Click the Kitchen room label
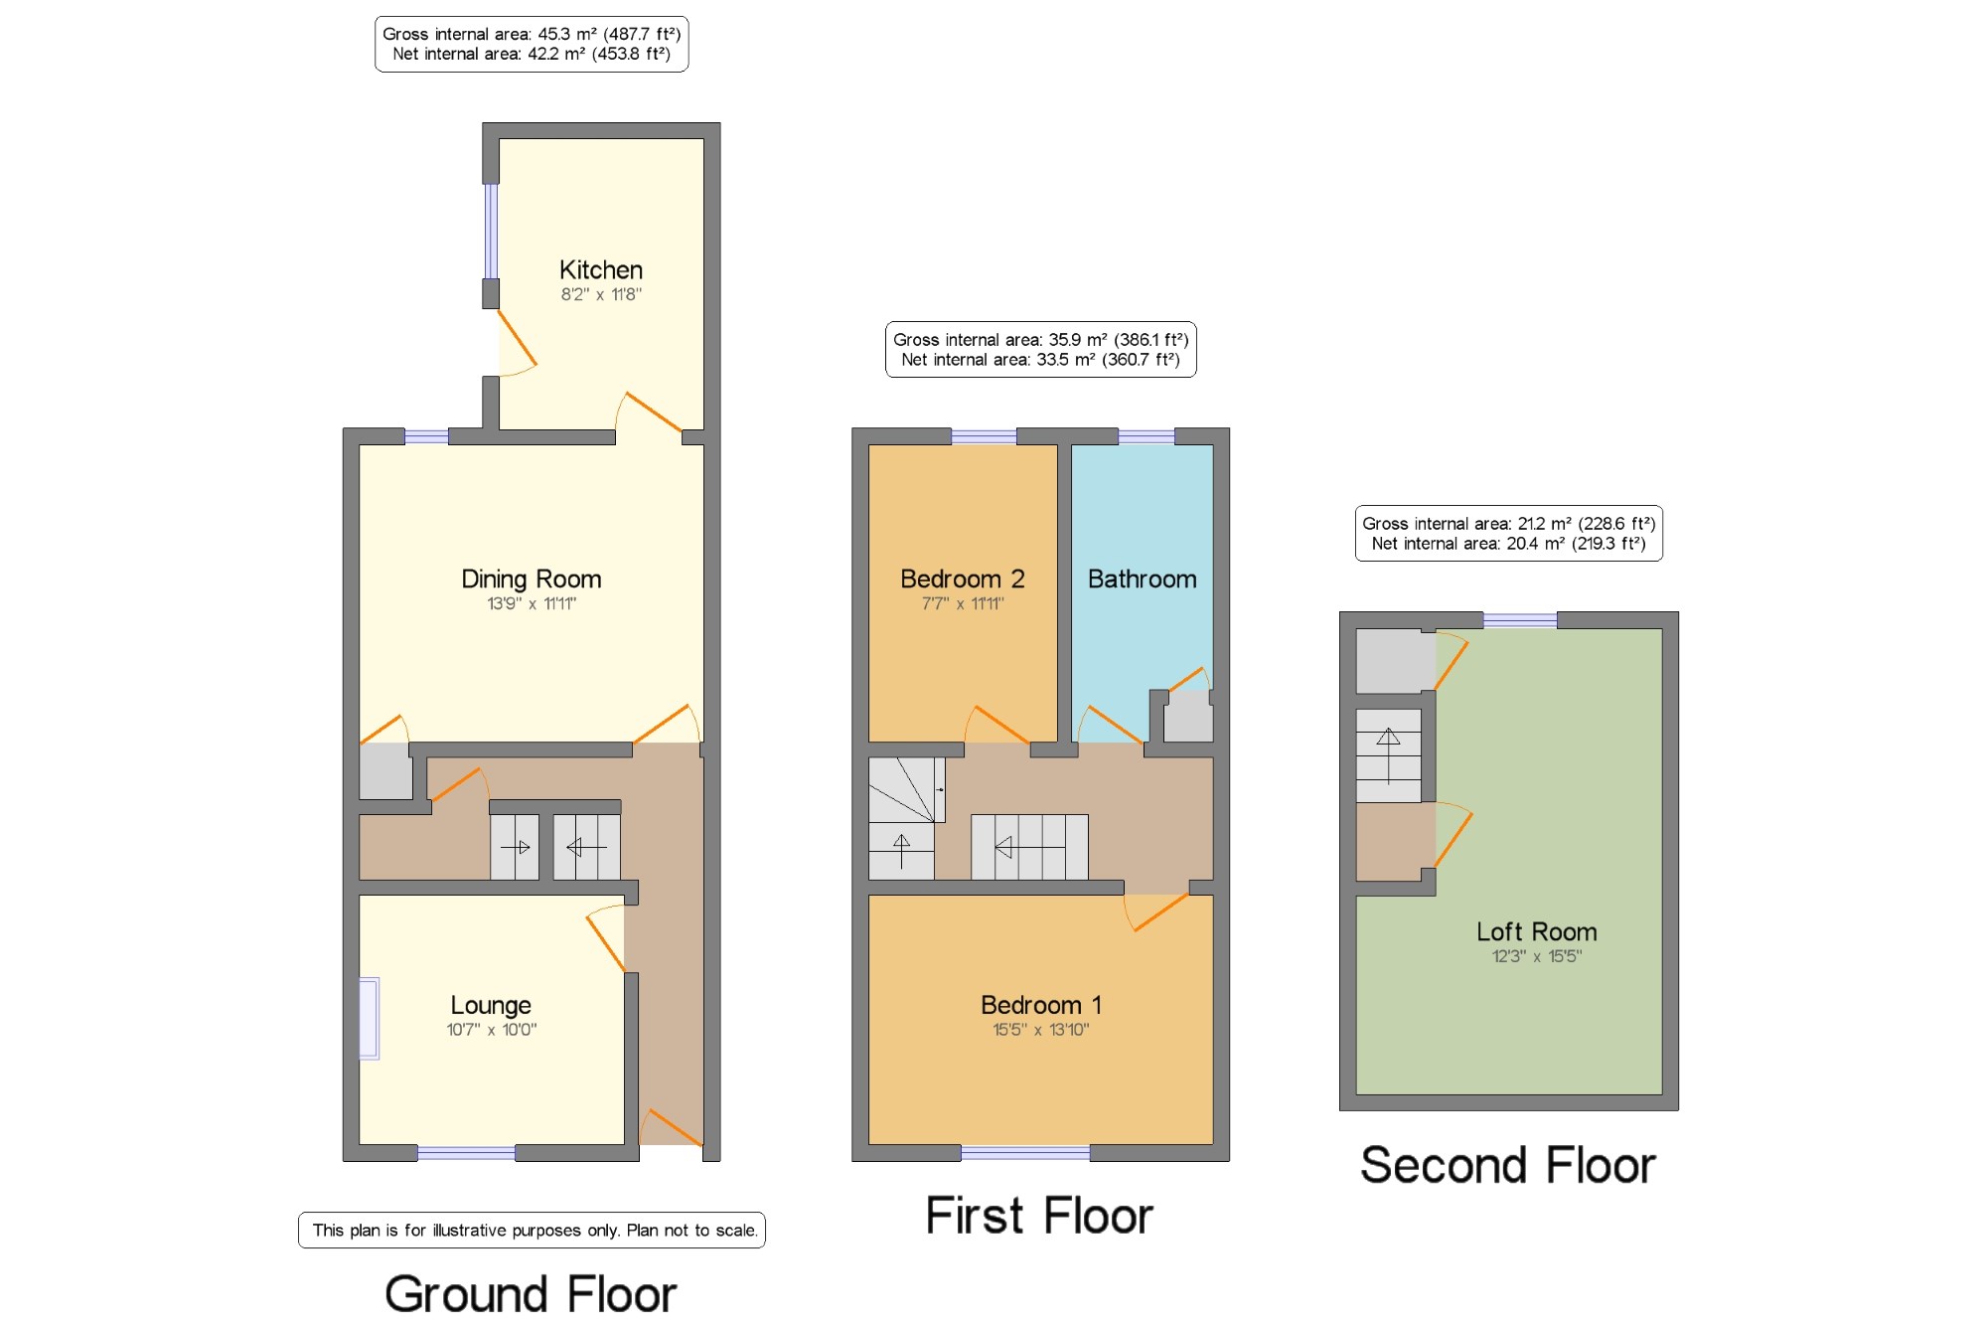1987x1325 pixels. (x=601, y=270)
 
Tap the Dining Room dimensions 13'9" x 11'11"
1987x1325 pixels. (x=532, y=603)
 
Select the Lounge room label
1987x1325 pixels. (x=491, y=1006)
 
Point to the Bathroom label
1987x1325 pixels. (x=1143, y=579)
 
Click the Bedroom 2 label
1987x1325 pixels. (x=962, y=579)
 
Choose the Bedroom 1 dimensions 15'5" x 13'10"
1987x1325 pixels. (x=1041, y=1030)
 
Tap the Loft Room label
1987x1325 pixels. (x=1537, y=931)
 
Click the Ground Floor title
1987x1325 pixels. (x=532, y=1294)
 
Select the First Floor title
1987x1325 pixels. (x=1039, y=1216)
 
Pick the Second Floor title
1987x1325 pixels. (x=1508, y=1165)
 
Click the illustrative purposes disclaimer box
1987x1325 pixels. (x=532, y=1231)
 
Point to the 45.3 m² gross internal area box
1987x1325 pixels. (x=532, y=44)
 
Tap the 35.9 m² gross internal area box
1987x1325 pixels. (x=1041, y=350)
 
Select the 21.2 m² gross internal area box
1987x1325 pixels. (x=1509, y=534)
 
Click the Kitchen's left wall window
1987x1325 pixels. (x=491, y=231)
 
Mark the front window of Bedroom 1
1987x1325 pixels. (x=1025, y=1153)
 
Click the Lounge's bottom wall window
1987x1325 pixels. (x=466, y=1153)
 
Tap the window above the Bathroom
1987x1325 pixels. (x=1146, y=436)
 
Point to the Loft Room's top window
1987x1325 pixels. (x=1520, y=620)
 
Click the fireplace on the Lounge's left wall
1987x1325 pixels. (x=370, y=1019)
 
